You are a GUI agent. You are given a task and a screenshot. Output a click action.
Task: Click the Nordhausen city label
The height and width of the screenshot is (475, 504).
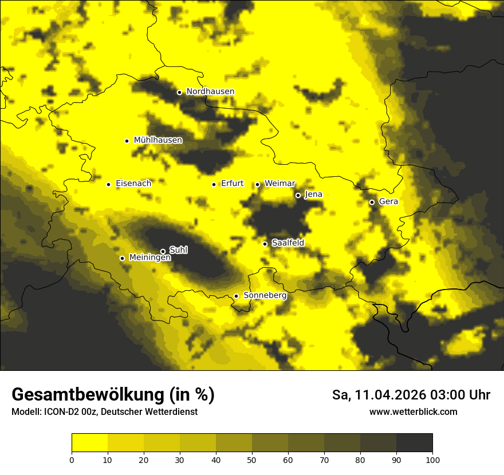210,92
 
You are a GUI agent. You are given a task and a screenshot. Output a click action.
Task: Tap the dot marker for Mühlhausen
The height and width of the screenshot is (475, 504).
127,141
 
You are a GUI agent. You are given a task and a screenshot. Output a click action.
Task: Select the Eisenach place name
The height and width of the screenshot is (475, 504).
133,184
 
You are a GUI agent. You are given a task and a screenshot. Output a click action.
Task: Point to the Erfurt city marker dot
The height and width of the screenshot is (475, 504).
214,184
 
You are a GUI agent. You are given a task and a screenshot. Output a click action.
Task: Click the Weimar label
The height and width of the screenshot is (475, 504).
279,184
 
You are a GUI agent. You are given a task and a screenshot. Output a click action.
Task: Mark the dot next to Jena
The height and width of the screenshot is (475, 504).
298,195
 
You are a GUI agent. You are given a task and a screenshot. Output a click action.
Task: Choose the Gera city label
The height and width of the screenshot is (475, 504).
388,201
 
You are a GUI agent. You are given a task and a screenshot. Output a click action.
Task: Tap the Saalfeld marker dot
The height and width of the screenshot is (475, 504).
265,244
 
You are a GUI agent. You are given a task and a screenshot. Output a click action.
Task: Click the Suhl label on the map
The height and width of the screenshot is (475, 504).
179,251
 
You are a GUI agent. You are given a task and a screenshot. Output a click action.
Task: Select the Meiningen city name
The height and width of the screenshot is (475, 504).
149,258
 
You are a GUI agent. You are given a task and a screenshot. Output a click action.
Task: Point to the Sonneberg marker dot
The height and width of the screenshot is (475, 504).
236,296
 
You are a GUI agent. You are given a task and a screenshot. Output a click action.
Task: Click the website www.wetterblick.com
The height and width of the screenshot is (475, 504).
413,412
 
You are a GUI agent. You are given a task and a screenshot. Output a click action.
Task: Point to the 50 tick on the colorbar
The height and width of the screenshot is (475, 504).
252,459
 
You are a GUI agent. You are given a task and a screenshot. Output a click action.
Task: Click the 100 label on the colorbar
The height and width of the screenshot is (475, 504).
432,459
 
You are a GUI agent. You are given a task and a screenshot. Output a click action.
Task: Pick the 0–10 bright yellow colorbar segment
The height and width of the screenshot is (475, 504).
89,442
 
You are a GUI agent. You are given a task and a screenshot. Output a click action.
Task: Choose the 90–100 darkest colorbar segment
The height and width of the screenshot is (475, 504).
414,442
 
